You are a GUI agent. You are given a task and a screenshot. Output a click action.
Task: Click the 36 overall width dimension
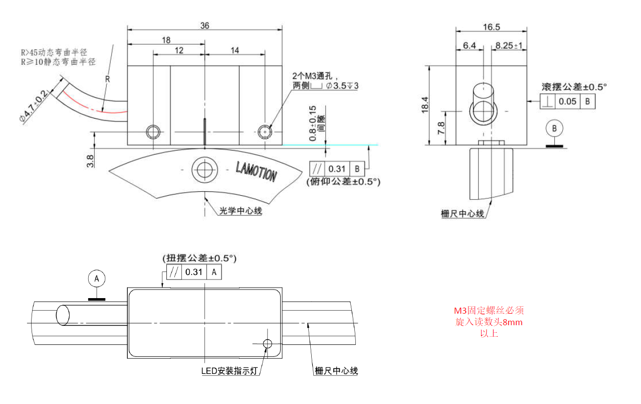(x=204, y=26)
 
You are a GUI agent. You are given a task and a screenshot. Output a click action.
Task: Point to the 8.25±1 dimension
(x=509, y=46)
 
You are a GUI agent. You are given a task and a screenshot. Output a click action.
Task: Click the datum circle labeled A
(x=97, y=278)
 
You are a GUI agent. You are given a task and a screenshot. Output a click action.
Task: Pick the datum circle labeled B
(x=554, y=128)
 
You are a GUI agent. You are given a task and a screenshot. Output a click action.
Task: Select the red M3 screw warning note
(x=489, y=322)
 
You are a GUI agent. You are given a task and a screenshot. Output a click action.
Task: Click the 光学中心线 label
(x=241, y=211)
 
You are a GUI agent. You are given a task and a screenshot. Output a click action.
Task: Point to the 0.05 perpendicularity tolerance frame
(x=567, y=102)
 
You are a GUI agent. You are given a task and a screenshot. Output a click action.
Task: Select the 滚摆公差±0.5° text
(x=574, y=87)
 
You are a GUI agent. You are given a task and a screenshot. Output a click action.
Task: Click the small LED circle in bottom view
(x=267, y=343)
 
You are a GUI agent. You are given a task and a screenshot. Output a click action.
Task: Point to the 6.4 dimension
(x=469, y=46)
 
